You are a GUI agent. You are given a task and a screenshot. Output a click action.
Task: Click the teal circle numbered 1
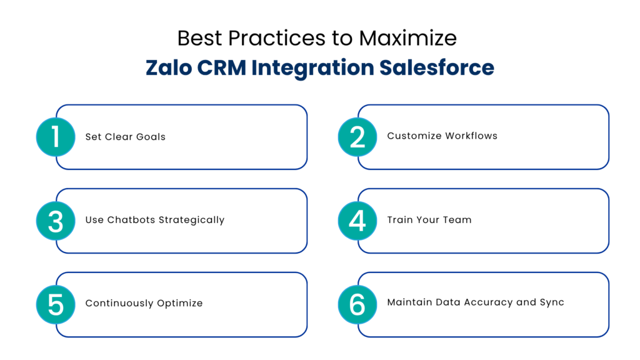tap(56, 136)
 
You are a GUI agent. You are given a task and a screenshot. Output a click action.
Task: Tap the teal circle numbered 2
tap(357, 136)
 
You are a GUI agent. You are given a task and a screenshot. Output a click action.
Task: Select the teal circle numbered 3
tap(56, 221)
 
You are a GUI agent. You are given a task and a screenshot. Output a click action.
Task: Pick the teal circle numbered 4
tap(357, 221)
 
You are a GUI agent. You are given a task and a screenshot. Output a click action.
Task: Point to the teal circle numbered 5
tap(56, 304)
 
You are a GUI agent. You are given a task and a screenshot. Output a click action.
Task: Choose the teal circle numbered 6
tap(357, 304)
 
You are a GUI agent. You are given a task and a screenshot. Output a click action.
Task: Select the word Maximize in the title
tap(407, 38)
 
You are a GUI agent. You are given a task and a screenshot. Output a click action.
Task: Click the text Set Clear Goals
tap(125, 137)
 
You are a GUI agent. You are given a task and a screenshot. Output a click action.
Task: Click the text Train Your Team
tap(429, 220)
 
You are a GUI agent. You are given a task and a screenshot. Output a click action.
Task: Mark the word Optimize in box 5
tap(180, 304)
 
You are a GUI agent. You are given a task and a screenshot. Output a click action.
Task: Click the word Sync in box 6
tap(552, 302)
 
